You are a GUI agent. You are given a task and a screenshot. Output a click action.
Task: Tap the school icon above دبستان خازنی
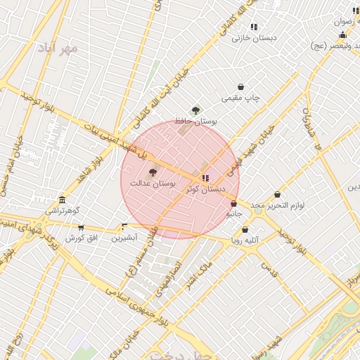[x=254, y=27]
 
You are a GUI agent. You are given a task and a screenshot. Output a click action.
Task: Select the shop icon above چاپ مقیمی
[x=241, y=87]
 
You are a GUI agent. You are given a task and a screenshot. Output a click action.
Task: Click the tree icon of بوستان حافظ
[x=195, y=110]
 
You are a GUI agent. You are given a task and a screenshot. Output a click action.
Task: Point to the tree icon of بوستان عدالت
[x=153, y=172]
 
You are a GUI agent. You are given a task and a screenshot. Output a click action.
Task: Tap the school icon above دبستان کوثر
[x=205, y=179]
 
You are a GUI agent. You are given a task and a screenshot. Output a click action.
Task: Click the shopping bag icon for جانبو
[x=233, y=204]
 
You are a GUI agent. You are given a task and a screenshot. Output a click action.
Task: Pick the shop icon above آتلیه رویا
[x=245, y=230]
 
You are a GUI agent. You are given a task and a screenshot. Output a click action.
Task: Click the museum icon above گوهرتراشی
[x=63, y=200]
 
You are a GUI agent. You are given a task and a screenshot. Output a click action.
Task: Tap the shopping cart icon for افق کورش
[x=82, y=228]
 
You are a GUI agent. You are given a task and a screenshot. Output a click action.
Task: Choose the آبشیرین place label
[x=125, y=238]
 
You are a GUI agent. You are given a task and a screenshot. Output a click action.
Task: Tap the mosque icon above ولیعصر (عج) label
[x=342, y=35]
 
